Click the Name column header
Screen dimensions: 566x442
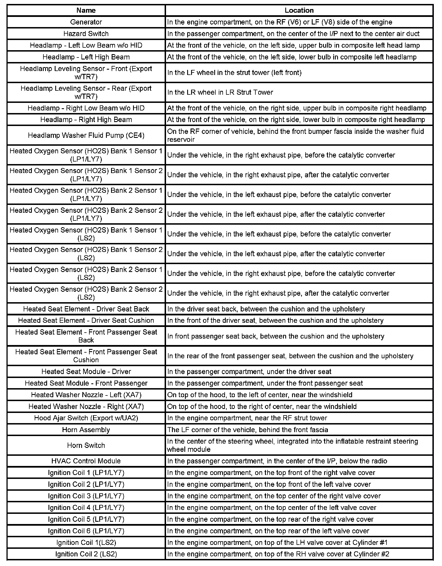pos(86,10)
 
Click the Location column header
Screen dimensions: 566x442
pos(299,10)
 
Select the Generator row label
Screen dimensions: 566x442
pos(86,22)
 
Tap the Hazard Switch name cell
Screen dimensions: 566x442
pos(86,34)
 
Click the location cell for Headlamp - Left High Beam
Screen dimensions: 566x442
pos(292,57)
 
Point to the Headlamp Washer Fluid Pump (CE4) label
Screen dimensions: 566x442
pos(86,135)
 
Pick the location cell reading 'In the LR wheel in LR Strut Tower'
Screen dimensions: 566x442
pos(220,92)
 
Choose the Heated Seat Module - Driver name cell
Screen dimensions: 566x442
pos(86,372)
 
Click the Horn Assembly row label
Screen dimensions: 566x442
pos(86,430)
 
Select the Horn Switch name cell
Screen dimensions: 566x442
pos(86,445)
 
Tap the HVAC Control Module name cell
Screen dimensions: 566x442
pos(86,461)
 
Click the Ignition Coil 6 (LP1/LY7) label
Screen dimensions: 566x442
pos(86,531)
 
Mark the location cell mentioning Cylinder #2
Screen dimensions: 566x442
pos(278,554)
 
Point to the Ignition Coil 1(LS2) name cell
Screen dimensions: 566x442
pos(86,543)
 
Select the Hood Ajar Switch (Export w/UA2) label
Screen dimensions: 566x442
pos(86,418)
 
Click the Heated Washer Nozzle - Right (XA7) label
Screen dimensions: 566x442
pos(86,406)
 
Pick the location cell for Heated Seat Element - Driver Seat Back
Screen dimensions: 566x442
pos(266,309)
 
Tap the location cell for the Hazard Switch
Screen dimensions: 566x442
pos(293,34)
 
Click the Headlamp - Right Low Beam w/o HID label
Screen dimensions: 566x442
pos(86,108)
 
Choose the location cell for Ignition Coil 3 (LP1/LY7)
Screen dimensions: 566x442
pos(274,496)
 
